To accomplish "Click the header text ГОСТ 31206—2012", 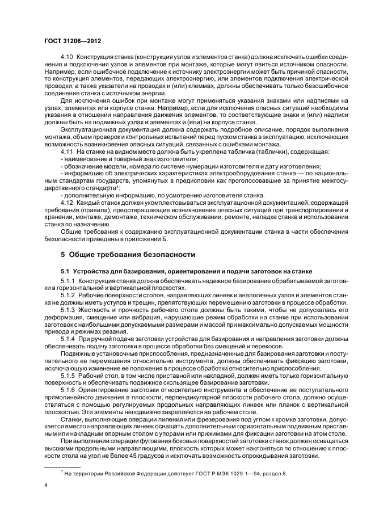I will click(69, 42).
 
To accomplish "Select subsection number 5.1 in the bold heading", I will click(65, 271).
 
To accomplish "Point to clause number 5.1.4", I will click(69, 339).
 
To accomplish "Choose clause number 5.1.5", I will click(69, 376).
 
